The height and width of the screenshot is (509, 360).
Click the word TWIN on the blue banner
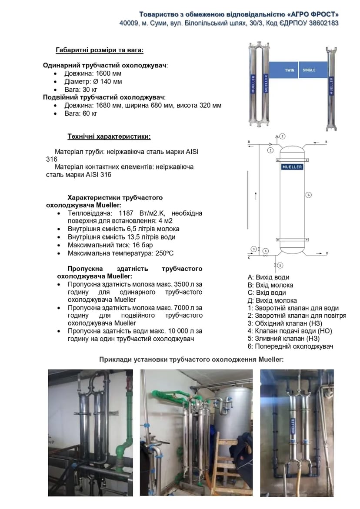(x=290, y=70)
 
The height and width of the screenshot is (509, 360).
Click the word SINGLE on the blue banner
(x=309, y=70)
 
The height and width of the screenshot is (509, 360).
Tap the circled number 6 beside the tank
(x=308, y=195)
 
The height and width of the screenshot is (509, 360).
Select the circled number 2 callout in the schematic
(x=282, y=136)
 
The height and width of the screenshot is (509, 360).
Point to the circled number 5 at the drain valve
(x=280, y=265)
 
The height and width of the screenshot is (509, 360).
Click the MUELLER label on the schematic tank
(x=292, y=166)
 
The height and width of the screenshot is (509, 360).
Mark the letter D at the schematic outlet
(x=327, y=253)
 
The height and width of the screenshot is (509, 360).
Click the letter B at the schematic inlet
(x=326, y=142)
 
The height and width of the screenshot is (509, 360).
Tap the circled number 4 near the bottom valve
(x=266, y=251)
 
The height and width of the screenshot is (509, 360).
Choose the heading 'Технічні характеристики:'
(x=109, y=136)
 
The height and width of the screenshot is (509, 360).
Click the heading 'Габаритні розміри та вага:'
(x=100, y=50)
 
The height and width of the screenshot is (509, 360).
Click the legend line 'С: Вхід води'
(x=267, y=293)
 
